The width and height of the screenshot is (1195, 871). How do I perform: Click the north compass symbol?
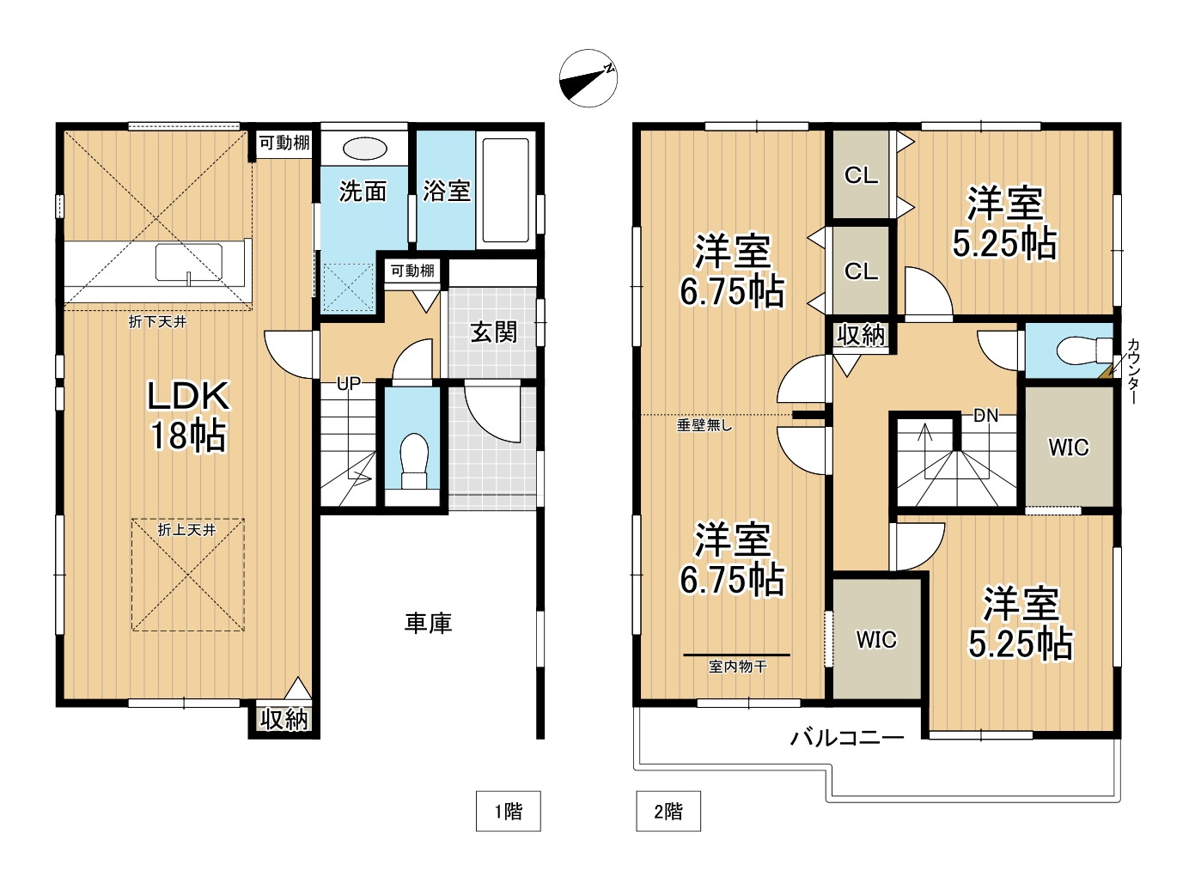588,78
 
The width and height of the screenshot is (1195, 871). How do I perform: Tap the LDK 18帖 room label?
188,416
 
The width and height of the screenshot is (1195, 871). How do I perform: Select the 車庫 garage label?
428,624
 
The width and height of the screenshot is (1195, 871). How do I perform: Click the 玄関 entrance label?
493,332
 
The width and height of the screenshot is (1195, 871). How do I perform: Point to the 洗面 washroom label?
363,191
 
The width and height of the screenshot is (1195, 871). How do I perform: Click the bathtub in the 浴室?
506,191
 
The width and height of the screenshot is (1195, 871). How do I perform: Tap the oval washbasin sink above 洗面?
365,149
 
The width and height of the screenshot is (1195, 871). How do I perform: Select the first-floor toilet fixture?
414,460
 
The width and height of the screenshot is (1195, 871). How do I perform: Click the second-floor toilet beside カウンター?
1084,350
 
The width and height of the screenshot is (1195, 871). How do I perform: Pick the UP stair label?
349,383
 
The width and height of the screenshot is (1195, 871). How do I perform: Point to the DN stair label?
986,416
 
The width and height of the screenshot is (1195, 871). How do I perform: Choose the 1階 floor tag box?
508,811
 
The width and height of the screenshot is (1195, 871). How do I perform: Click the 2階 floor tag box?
668,811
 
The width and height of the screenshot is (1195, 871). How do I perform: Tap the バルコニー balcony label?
847,738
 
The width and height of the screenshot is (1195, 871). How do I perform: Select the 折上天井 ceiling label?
186,530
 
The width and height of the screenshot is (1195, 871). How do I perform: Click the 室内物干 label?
738,667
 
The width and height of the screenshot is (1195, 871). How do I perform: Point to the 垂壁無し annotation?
704,425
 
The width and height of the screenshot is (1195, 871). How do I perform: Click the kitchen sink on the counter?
189,262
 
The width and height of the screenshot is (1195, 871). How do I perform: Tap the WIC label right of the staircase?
1069,448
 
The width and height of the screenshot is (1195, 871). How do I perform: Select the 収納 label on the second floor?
861,335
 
